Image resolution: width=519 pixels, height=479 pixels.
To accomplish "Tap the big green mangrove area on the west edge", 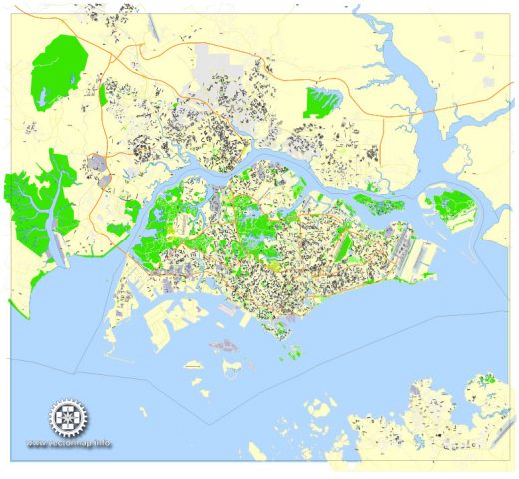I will click(35, 210).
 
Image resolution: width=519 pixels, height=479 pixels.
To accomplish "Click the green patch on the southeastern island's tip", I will click(486, 379).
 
